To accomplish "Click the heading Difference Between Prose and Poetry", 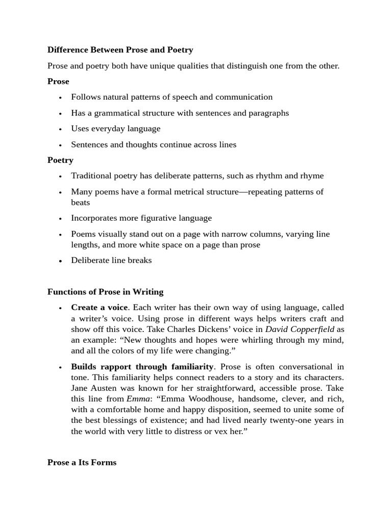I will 120,50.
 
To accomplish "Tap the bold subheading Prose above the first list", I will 58,82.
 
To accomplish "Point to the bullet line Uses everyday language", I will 115,129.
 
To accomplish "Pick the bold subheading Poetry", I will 60,160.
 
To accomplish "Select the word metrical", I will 178,192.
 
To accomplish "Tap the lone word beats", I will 80,203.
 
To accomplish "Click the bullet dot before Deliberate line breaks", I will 60,261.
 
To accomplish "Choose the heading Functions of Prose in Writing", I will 105,292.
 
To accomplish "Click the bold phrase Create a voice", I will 99,307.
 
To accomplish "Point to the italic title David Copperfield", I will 300,329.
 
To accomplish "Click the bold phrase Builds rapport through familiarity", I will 142,367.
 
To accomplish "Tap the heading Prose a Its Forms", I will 82,463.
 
